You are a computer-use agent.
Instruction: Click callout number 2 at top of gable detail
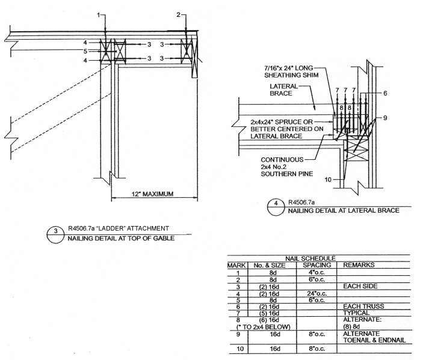pos(178,13)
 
